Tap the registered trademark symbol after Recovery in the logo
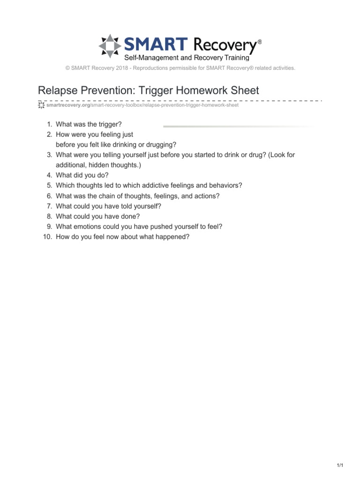click(260, 42)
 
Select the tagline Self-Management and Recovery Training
click(187, 59)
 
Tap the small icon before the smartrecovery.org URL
click(41, 105)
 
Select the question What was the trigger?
click(89, 125)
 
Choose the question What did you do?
click(82, 175)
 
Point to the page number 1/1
click(340, 465)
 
